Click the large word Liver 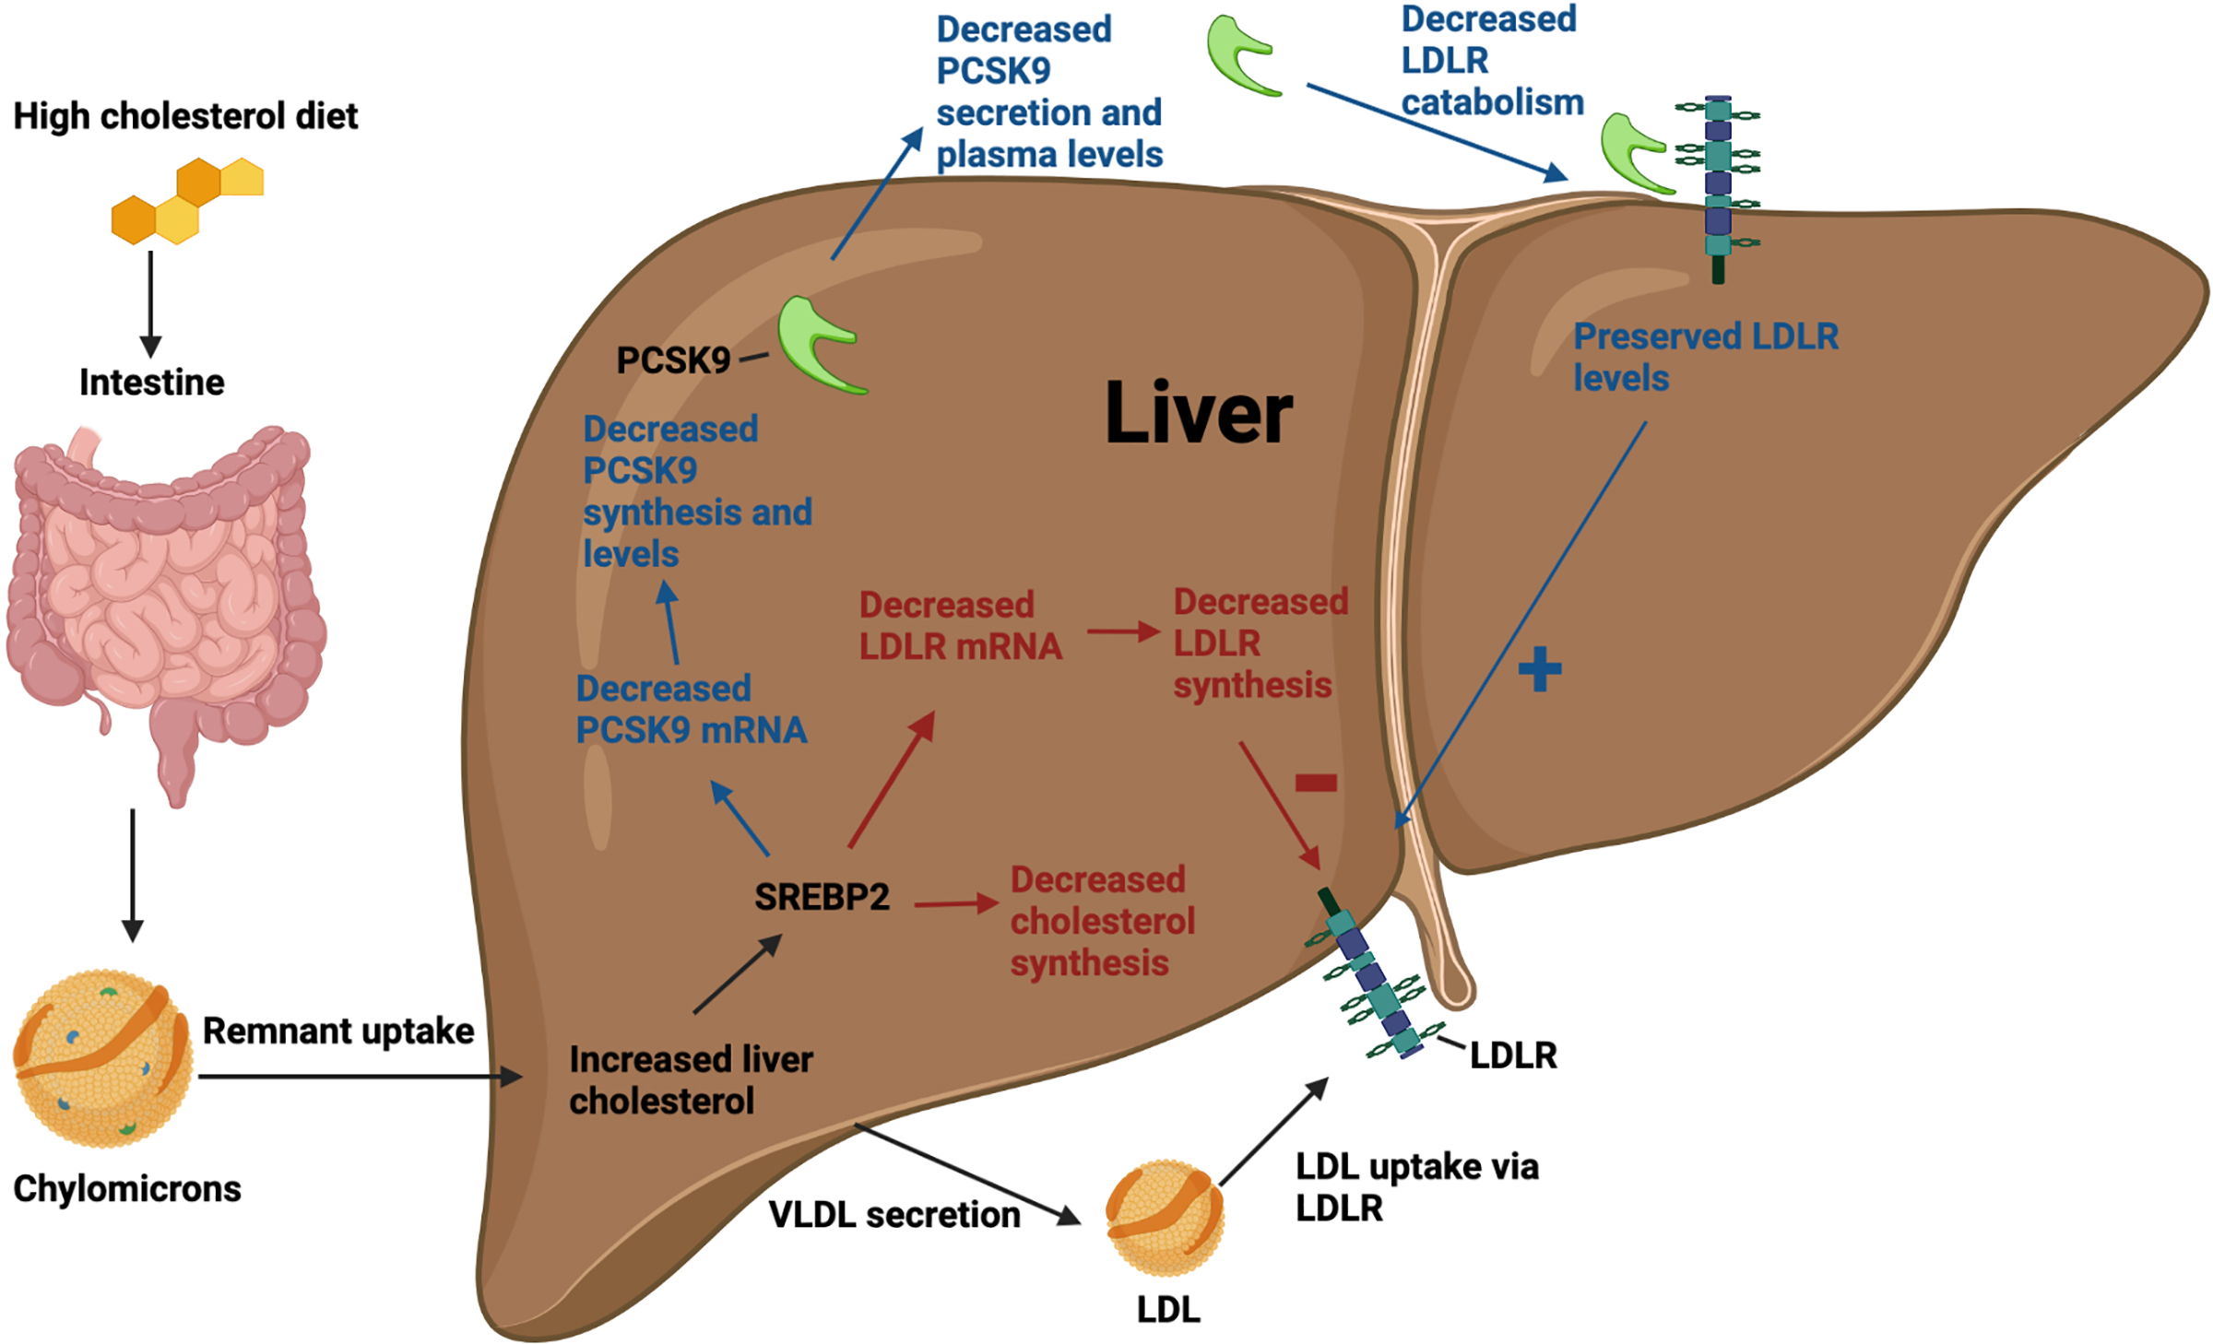(1198, 414)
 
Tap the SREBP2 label (822, 897)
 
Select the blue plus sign (1539, 669)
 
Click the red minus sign (1316, 783)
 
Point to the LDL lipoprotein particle (1165, 1218)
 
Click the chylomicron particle (103, 1058)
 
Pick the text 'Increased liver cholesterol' (691, 1079)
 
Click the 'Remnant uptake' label (337, 1031)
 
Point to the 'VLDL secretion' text (893, 1214)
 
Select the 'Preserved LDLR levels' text (1705, 357)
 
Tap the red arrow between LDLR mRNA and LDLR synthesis (1122, 631)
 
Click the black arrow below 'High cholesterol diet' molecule (150, 304)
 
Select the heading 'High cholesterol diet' (185, 116)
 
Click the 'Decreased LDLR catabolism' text (1491, 61)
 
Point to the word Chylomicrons (126, 1188)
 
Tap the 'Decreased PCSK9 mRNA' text (691, 709)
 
